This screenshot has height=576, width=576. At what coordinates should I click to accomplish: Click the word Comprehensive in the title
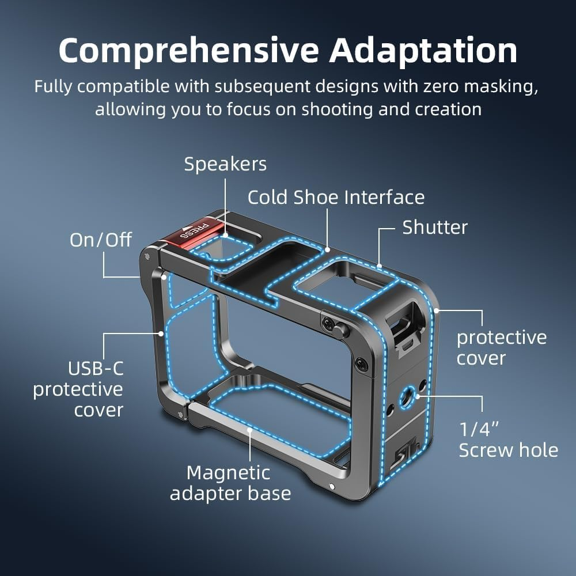pyautogui.click(x=189, y=51)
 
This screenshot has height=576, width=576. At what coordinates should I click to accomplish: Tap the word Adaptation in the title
pyautogui.click(x=423, y=51)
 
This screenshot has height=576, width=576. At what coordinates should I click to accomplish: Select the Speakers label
pyautogui.click(x=225, y=164)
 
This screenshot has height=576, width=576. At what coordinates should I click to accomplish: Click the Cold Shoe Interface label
pyautogui.click(x=336, y=198)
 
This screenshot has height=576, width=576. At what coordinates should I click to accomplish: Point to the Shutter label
pyautogui.click(x=435, y=227)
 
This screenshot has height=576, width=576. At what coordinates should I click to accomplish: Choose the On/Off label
pyautogui.click(x=101, y=240)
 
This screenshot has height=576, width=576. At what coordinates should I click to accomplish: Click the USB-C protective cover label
pyautogui.click(x=78, y=389)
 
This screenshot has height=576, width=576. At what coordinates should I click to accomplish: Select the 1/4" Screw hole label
pyautogui.click(x=508, y=439)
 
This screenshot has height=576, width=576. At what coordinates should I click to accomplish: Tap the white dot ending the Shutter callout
pyautogui.click(x=380, y=266)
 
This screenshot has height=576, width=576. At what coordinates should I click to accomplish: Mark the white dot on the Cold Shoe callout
pyautogui.click(x=327, y=250)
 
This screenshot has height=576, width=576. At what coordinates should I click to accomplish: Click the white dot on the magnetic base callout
pyautogui.click(x=249, y=429)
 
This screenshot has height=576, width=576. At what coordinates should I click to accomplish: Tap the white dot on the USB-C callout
pyautogui.click(x=161, y=332)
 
